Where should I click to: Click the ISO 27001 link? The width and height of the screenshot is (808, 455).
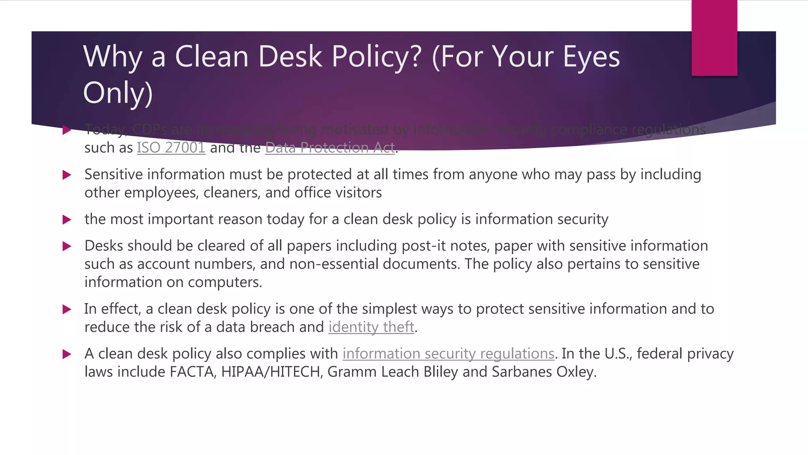point(171,148)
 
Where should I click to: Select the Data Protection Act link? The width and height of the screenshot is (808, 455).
point(330,148)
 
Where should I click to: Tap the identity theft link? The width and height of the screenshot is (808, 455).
point(371,327)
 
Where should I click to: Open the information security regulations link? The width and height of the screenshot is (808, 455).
point(448,353)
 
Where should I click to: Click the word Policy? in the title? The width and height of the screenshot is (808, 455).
point(377,56)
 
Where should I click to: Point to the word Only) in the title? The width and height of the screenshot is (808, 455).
point(118,93)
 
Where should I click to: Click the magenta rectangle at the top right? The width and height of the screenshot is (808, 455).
point(714,38)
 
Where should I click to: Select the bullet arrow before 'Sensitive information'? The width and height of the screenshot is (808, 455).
point(67,175)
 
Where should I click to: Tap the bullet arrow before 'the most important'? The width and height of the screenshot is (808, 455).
point(67,220)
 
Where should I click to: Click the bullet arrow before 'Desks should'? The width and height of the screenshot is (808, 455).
point(67,246)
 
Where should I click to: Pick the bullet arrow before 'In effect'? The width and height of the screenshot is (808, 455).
point(67,309)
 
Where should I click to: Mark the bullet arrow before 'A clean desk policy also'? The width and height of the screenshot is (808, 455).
point(67,354)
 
